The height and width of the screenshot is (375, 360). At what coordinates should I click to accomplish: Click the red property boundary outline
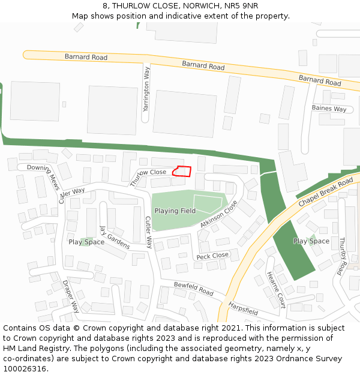point(182,172)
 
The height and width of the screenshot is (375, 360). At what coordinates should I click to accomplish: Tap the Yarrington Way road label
point(146,89)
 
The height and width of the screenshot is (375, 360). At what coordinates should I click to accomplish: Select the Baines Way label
point(329,109)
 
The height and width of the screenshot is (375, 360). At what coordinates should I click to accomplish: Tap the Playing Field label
point(175,211)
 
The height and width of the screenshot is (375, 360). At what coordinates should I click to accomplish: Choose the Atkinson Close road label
point(219,214)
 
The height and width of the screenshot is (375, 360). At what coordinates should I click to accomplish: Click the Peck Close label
point(212,256)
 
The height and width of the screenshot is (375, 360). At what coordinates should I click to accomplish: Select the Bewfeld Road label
point(194,289)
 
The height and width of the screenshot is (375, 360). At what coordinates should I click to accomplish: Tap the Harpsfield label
point(243,308)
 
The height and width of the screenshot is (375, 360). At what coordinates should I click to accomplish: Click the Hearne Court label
point(276,290)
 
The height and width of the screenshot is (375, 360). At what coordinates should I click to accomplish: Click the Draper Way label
point(71,296)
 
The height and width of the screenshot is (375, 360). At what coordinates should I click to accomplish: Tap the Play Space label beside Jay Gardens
point(86,242)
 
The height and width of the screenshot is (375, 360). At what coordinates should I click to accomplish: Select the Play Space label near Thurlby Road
point(311,241)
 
